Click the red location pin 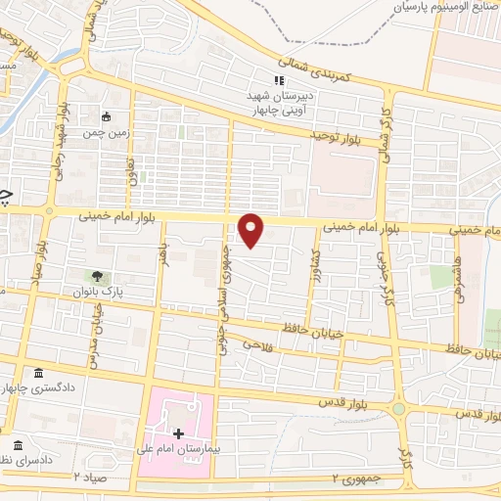click(x=251, y=229)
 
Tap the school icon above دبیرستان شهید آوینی click(x=279, y=81)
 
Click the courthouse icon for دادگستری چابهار click(x=38, y=374)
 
